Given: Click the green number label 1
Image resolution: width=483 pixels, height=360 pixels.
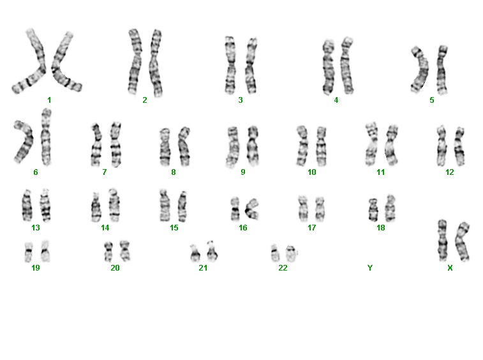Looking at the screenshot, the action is [49, 100].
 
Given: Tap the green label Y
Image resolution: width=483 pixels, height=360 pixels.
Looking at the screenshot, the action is [370, 268].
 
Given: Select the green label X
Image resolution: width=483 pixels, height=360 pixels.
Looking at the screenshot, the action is [450, 268].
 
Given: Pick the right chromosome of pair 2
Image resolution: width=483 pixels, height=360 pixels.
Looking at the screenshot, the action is [156, 63].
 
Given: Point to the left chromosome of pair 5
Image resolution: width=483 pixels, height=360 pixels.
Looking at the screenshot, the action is [420, 70].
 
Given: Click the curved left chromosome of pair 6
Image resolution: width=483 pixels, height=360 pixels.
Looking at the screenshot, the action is [25, 142].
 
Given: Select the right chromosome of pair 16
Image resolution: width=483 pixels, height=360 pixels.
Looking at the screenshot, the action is [252, 209].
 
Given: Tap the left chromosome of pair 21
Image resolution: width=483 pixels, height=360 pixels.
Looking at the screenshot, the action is [195, 253].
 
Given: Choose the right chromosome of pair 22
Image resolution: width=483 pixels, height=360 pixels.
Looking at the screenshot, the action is [291, 253].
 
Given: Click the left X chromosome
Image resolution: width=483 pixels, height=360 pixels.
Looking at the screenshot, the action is [443, 241].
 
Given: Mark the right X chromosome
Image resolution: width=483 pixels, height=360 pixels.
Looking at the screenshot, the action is [463, 242].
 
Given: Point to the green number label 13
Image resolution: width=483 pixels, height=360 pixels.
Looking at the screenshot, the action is [36, 228].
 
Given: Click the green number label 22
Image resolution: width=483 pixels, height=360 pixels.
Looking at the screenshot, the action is [283, 268].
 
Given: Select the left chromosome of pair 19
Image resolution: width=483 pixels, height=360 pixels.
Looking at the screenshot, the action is [29, 252].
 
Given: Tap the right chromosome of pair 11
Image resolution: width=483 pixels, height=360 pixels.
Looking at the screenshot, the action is [391, 145].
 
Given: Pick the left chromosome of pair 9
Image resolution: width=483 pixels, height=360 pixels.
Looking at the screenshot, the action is [232, 147].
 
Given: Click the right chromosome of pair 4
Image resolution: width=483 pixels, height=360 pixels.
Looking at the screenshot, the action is [346, 66].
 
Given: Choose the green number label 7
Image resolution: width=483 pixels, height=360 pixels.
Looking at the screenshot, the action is [105, 172].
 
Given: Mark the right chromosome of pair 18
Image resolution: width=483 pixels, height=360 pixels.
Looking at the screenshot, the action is [390, 208].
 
